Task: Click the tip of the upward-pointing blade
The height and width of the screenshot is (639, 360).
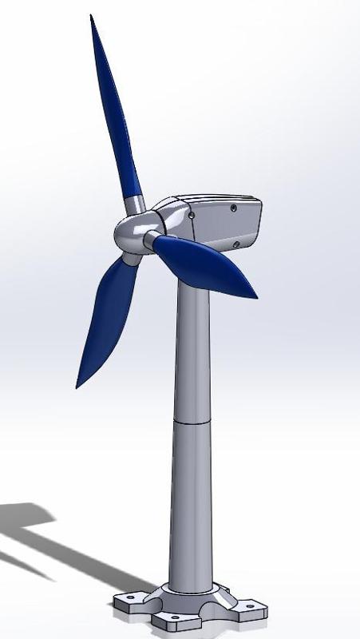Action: coord(92,16)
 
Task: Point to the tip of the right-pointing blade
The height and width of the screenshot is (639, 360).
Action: coord(256,297)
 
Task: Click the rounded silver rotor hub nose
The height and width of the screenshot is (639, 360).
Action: coord(128,235)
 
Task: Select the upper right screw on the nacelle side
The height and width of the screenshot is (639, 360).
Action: coord(232,208)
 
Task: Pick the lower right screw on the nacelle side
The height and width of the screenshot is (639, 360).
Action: coord(234,244)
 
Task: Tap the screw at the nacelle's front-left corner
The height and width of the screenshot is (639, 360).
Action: coord(192,215)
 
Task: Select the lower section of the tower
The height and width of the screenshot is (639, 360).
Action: coord(192,503)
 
